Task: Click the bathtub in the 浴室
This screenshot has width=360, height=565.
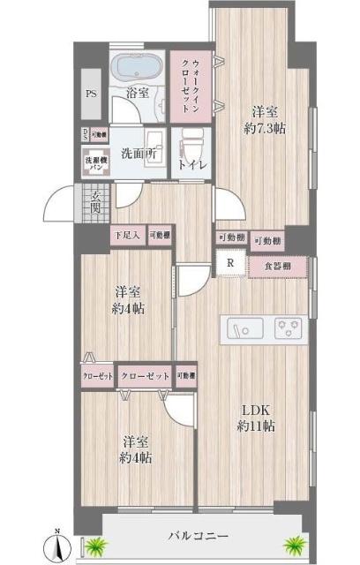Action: tap(136, 72)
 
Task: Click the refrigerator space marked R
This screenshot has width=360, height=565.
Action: tap(230, 263)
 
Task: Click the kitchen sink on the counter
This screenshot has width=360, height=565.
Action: tap(238, 329)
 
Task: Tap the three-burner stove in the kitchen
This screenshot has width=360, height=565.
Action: tap(288, 329)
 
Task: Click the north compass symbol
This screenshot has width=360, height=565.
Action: tap(58, 543)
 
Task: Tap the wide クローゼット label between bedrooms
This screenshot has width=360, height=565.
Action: tap(144, 375)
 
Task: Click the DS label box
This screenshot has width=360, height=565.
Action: tap(85, 135)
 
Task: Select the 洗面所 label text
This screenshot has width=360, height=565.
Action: tap(139, 151)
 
